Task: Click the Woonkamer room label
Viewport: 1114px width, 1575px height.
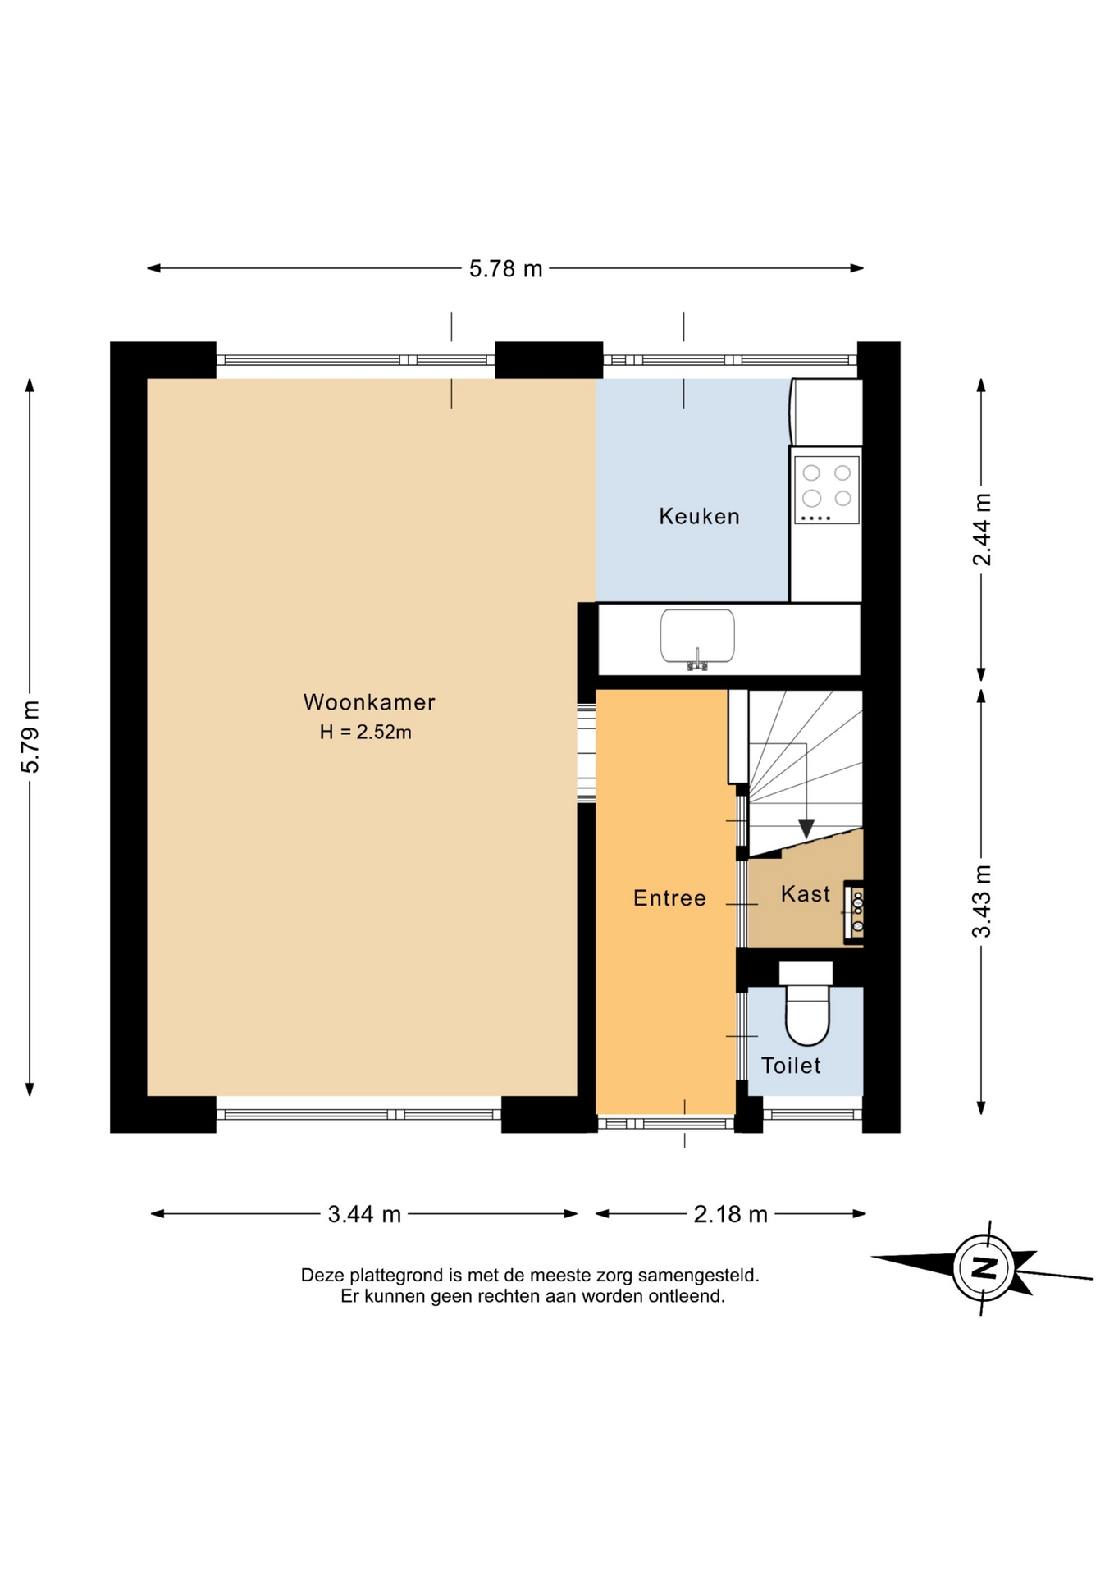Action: [x=369, y=702]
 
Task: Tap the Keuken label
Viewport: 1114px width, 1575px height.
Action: [x=699, y=516]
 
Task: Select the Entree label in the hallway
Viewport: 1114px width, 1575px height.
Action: [x=669, y=898]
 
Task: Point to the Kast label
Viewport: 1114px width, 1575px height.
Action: [x=805, y=893]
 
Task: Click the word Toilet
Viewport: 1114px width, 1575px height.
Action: [x=791, y=1066]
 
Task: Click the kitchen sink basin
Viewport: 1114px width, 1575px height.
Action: [x=697, y=635]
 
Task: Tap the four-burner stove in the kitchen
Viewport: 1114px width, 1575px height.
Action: [x=827, y=490]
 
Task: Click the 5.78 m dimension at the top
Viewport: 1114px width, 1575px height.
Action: [x=506, y=269]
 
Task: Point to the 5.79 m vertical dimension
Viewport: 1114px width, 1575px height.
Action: [x=30, y=737]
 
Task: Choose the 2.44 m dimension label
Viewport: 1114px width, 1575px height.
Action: [x=982, y=529]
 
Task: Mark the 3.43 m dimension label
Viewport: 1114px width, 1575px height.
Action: [x=982, y=901]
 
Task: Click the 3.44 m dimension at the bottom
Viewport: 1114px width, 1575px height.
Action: [x=364, y=1214]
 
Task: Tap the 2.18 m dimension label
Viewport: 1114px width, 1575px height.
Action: [x=730, y=1214]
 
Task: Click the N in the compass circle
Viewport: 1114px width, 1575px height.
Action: [x=984, y=1268]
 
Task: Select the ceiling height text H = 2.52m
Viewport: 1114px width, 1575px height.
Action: [x=366, y=733]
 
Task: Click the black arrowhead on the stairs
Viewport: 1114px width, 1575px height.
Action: [x=806, y=829]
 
